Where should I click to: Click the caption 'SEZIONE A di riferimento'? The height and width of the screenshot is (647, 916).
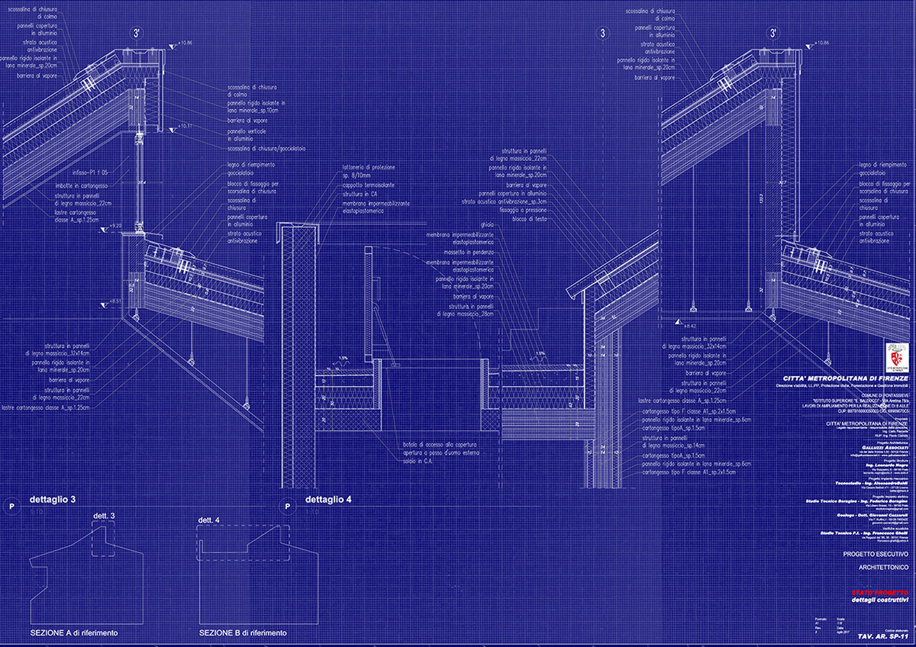(74, 633)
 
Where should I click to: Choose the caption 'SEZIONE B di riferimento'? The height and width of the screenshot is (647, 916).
(243, 633)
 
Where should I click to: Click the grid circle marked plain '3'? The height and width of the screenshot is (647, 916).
(604, 34)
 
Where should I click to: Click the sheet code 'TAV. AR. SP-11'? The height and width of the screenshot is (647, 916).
(882, 636)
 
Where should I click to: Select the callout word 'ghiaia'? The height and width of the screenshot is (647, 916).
(486, 224)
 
